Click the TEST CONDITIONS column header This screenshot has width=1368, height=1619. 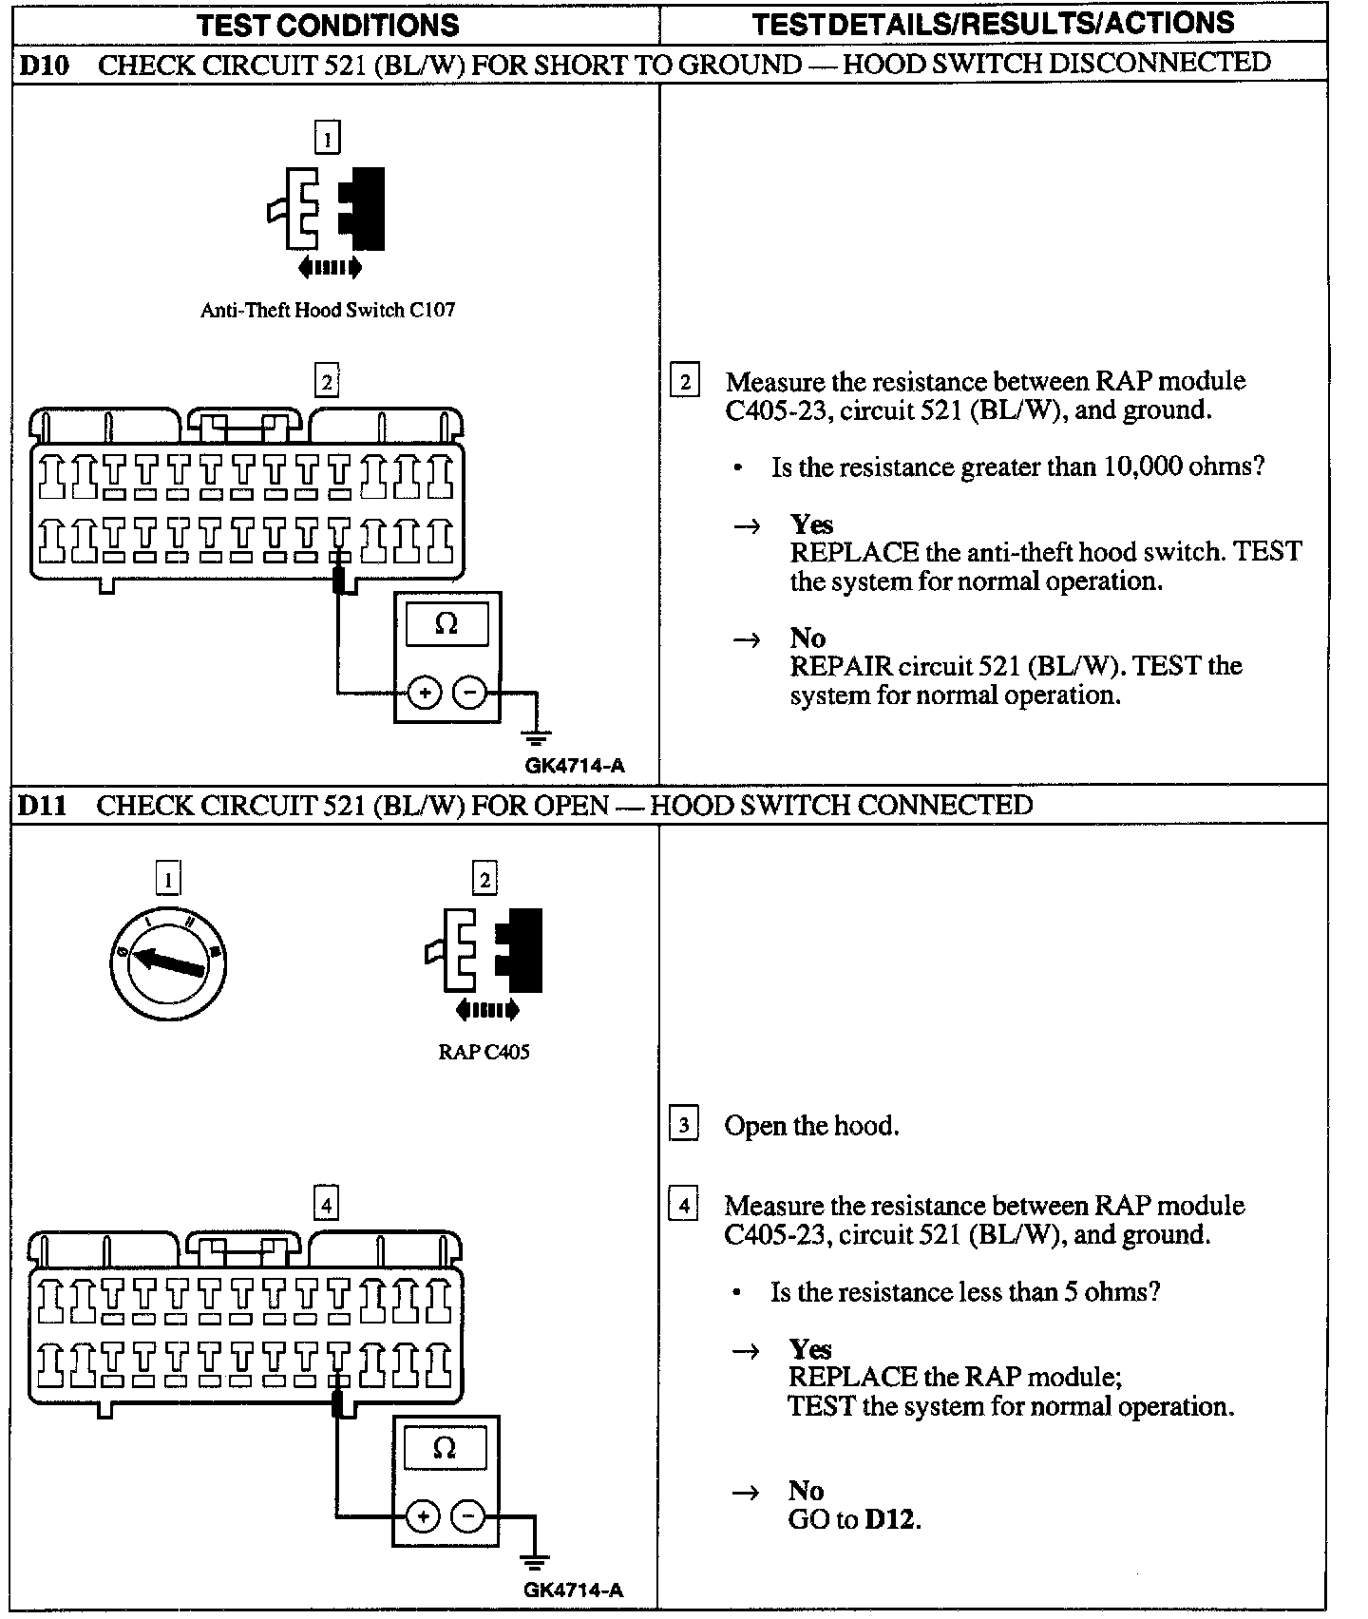pyautogui.click(x=328, y=25)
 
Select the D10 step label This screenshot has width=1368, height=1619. pyautogui.click(x=44, y=65)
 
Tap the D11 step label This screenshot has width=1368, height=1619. pyautogui.click(x=43, y=805)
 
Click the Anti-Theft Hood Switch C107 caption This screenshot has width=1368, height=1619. pyautogui.click(x=328, y=310)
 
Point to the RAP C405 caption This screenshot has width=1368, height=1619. pyautogui.click(x=484, y=1052)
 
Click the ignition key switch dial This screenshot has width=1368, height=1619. pyautogui.click(x=168, y=963)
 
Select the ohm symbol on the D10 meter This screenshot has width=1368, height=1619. pyautogui.click(x=446, y=623)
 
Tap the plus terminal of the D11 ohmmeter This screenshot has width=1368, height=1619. pyautogui.click(x=423, y=1516)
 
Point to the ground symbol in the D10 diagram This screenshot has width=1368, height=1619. pyautogui.click(x=537, y=735)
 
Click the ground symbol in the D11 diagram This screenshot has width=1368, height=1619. pyautogui.click(x=535, y=1559)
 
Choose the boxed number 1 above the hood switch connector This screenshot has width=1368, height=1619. pyautogui.click(x=327, y=139)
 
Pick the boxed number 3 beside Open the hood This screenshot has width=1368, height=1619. pyautogui.click(x=684, y=1125)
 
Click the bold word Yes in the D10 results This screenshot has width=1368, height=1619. pyautogui.click(x=811, y=524)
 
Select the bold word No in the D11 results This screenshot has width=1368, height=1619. pyautogui.click(x=806, y=1490)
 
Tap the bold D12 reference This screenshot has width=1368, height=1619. pyautogui.click(x=890, y=1519)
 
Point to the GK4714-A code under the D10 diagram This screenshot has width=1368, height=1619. pyautogui.click(x=575, y=766)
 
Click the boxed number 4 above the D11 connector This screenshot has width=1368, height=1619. pyautogui.click(x=326, y=1205)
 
